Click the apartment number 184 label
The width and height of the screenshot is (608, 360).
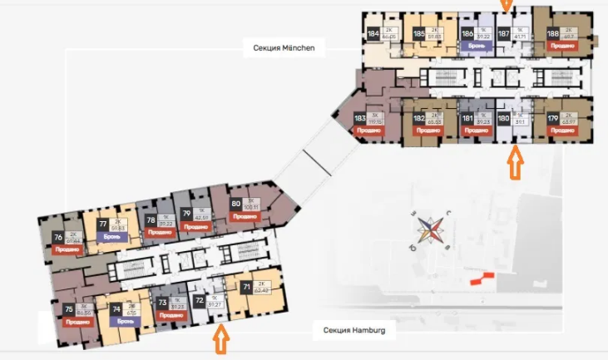(373, 35)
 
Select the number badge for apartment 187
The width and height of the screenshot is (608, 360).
(504, 35)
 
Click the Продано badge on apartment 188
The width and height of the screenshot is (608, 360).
(561, 46)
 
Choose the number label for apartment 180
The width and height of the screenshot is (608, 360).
(504, 119)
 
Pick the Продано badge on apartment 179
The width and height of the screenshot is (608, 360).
(562, 131)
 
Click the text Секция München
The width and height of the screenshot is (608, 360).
(284, 48)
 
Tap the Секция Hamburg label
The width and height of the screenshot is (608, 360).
(354, 330)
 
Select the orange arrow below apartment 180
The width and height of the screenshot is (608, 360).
(516, 163)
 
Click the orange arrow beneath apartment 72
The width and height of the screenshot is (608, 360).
(220, 339)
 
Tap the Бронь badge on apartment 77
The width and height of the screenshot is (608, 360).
(114, 236)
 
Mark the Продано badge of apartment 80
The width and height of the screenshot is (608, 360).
(246, 216)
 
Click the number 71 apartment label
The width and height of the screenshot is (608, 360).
(246, 288)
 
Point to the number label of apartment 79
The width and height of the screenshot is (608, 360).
(186, 214)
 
